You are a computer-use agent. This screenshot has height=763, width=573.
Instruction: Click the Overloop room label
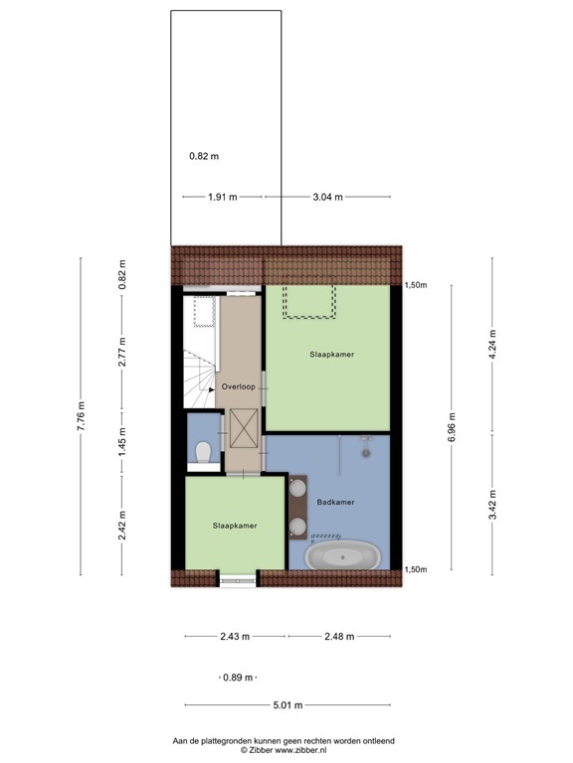[239, 385]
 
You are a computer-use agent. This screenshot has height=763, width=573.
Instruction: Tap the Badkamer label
[335, 503]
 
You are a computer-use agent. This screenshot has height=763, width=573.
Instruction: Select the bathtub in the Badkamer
[344, 557]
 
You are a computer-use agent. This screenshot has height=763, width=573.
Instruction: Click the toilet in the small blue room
[202, 453]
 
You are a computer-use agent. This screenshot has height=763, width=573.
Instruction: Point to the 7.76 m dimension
[82, 414]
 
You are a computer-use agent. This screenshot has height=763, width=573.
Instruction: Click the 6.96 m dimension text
[452, 427]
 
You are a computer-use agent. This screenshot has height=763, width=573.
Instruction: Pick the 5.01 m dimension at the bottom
[288, 705]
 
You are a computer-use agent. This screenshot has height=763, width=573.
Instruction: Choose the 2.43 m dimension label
[235, 637]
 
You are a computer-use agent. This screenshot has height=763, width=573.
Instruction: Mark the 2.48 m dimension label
[339, 637]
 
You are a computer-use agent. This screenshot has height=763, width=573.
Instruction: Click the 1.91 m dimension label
[223, 197]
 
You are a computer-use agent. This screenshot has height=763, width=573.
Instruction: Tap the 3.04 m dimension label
[327, 197]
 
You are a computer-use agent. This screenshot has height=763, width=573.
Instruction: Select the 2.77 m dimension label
[122, 354]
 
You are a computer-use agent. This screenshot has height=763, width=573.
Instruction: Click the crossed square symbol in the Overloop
[243, 427]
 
